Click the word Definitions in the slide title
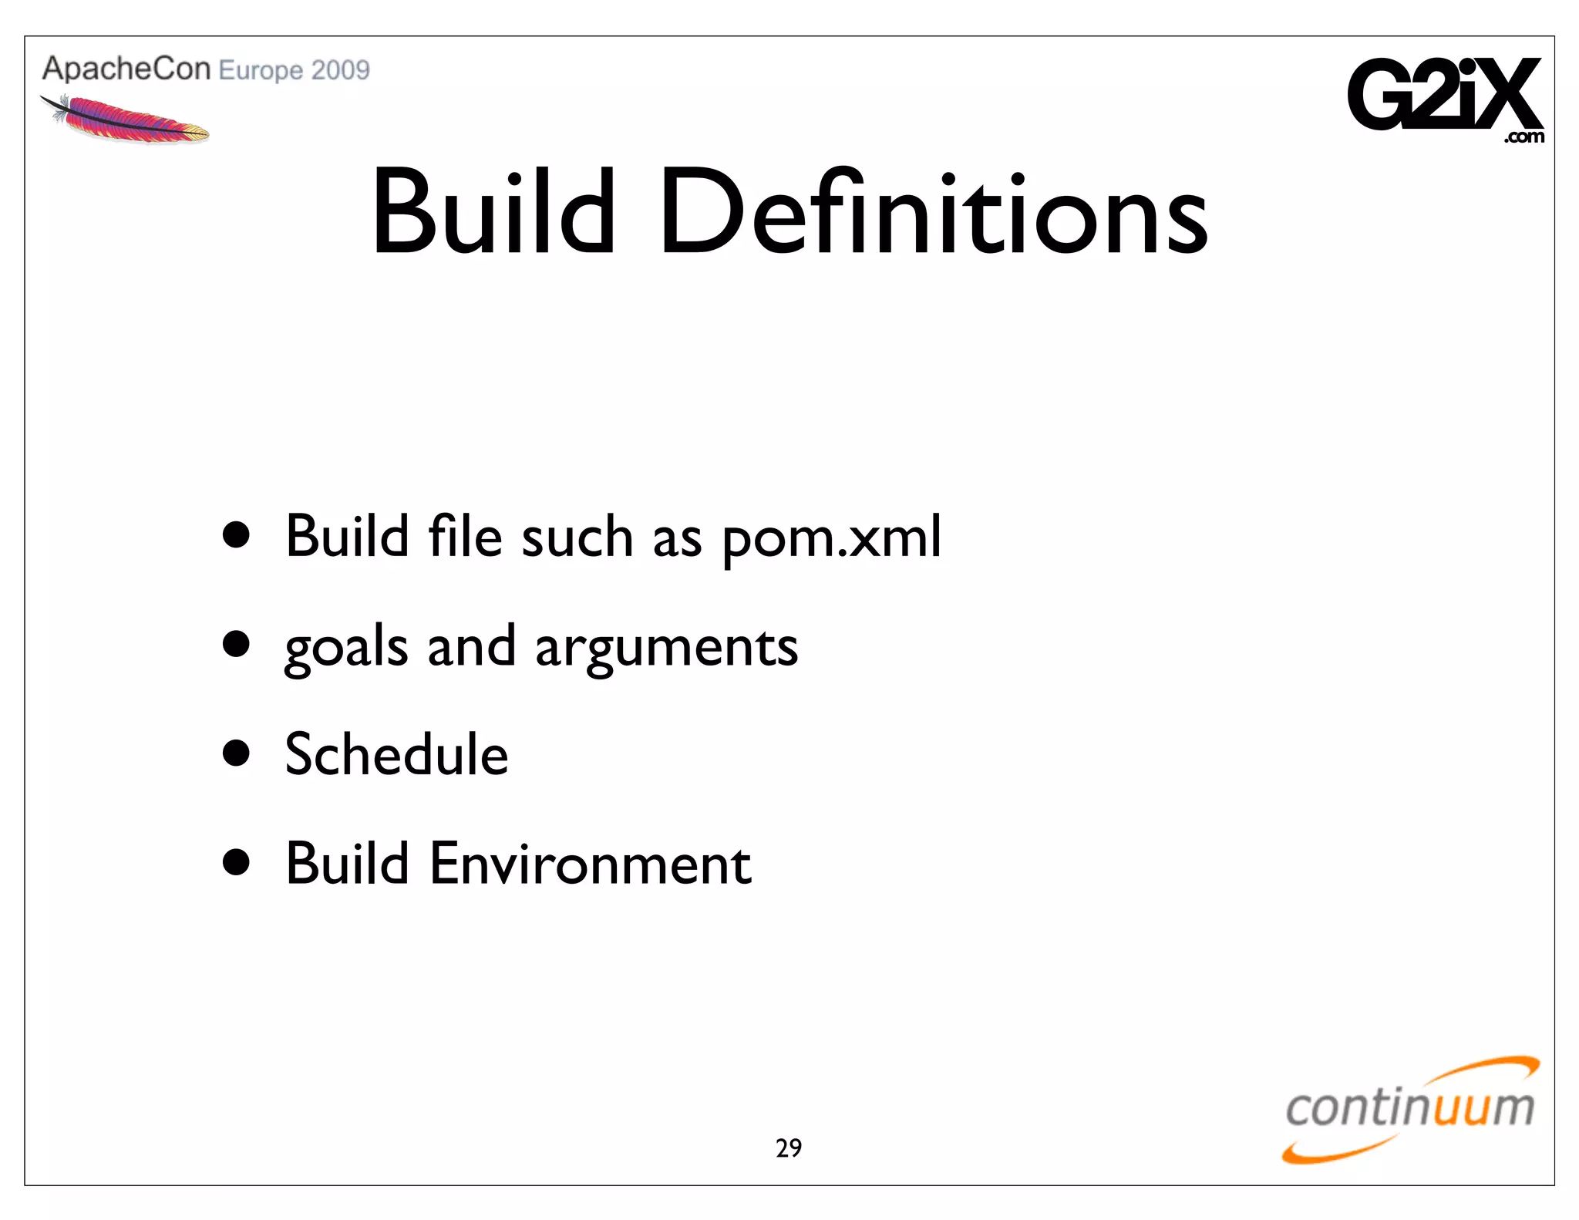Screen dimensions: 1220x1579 pyautogui.click(x=934, y=212)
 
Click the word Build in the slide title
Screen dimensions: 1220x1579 pyautogui.click(x=493, y=212)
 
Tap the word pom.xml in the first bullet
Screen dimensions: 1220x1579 pyautogui.click(x=832, y=538)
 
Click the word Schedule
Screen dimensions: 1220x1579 pyautogui.click(x=396, y=754)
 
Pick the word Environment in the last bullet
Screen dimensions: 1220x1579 pyautogui.click(x=590, y=864)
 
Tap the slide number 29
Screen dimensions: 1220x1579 pyautogui.click(x=789, y=1148)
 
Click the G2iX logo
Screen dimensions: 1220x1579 pyautogui.click(x=1444, y=94)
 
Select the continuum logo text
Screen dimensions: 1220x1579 pyautogui.click(x=1409, y=1108)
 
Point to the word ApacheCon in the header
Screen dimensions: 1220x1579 pyautogui.click(x=126, y=69)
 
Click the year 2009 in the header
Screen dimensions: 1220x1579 pyautogui.click(x=341, y=70)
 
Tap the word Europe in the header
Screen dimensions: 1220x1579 pyautogui.click(x=261, y=71)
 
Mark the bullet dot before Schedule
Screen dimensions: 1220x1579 pyautogui.click(x=236, y=753)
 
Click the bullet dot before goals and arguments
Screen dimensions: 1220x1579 pyautogui.click(x=236, y=644)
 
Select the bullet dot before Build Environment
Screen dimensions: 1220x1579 pyautogui.click(x=236, y=862)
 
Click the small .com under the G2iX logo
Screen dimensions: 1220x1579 pyautogui.click(x=1523, y=138)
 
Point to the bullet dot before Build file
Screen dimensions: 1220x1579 pyautogui.click(x=236, y=534)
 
